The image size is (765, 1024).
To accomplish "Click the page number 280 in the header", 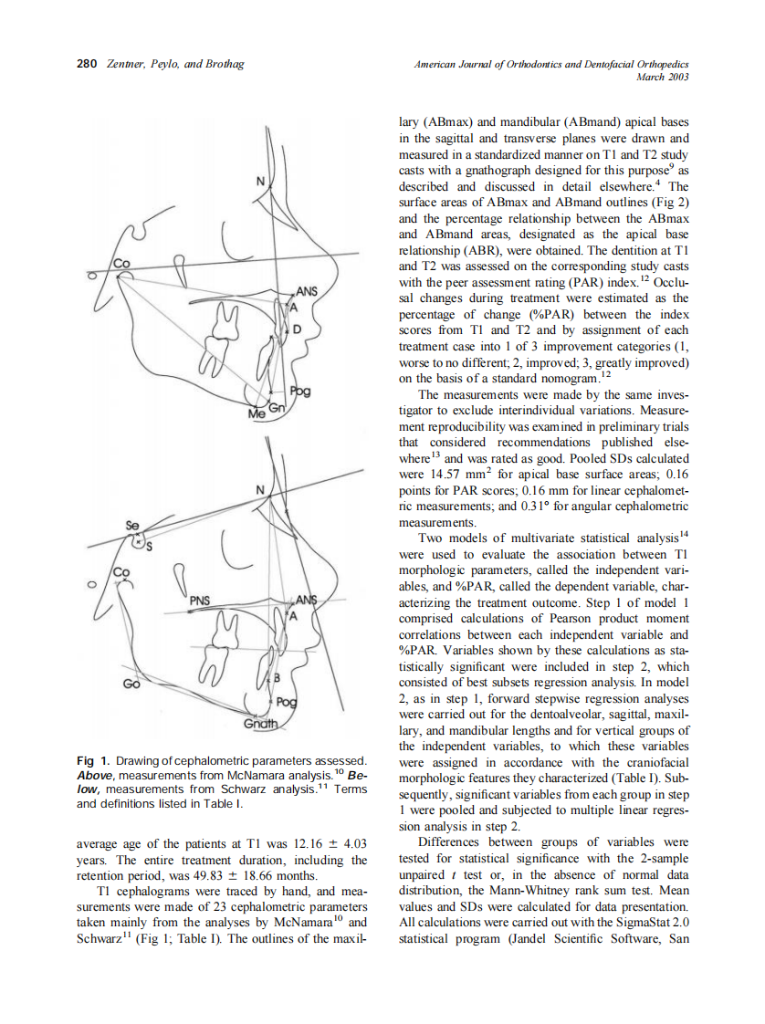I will [x=87, y=64].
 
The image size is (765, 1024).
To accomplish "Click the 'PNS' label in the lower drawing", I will [x=199, y=601].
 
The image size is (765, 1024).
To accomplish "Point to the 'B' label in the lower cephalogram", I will [x=275, y=679].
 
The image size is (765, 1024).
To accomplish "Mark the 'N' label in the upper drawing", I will [x=260, y=183].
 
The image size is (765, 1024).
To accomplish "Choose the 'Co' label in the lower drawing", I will [x=122, y=573].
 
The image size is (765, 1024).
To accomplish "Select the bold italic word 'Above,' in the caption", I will [x=99, y=776].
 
